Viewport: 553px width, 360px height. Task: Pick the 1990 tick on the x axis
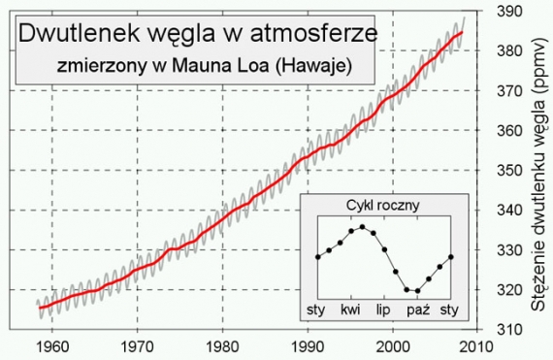309,346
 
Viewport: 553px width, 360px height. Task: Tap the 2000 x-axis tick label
395,346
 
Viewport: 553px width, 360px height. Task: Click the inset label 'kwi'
350,311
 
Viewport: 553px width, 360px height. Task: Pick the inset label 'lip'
384,311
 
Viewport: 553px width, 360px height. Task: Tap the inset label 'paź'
418,311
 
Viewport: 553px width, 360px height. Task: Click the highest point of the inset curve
362,226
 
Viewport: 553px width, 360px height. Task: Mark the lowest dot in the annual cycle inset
417,290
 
